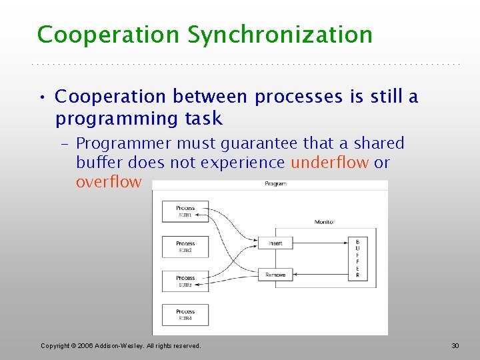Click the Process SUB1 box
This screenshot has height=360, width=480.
tap(185, 211)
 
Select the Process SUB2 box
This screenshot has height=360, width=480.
tap(185, 246)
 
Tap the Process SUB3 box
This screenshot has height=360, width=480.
tap(185, 281)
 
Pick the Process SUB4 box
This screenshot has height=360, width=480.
tap(185, 315)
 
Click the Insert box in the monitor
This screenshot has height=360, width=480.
tap(275, 243)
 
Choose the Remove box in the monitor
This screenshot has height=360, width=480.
tap(275, 275)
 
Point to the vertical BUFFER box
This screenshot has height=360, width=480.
tap(357, 258)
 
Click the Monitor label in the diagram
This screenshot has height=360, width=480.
tap(325, 221)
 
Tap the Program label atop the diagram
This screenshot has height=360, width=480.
tap(275, 183)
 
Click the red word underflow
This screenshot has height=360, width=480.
tap(329, 163)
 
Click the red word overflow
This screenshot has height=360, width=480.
tap(108, 182)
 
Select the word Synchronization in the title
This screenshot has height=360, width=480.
tap(280, 35)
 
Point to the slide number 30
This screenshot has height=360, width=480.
tap(455, 345)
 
